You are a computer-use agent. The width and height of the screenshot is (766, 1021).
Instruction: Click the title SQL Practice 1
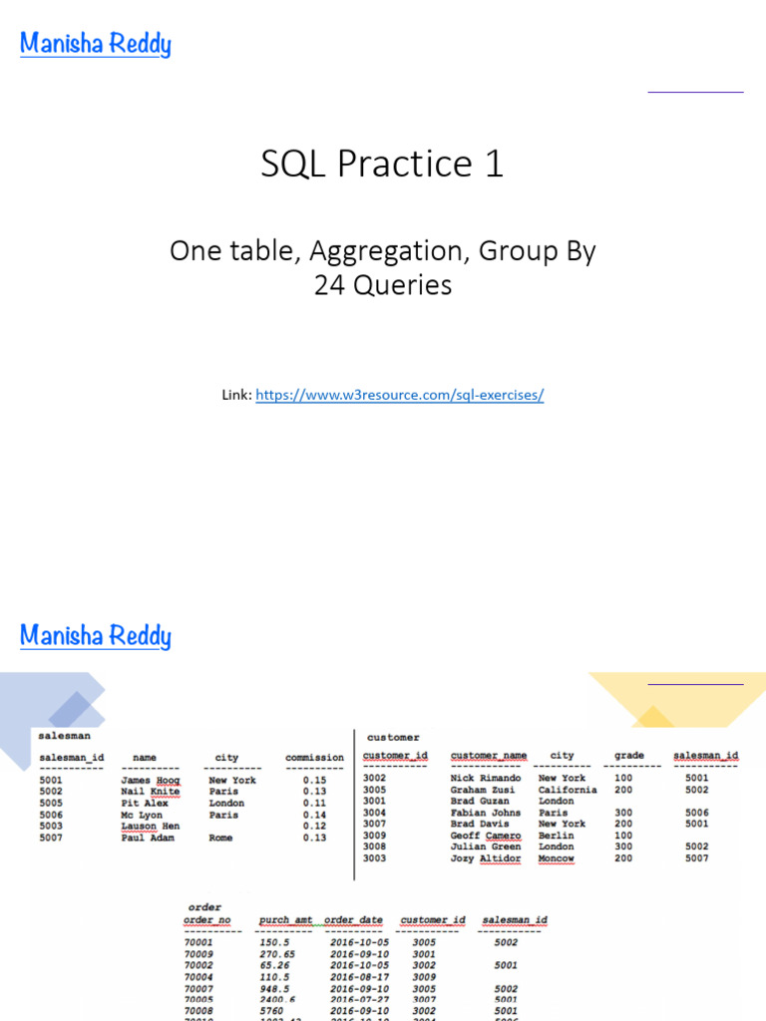pos(382,165)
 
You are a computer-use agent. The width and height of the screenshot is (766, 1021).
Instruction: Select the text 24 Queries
pos(382,286)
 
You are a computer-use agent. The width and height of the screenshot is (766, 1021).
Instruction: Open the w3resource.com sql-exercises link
pos(399,395)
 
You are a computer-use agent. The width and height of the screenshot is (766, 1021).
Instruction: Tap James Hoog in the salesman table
pos(150,781)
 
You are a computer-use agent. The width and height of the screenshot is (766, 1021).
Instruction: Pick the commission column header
pos(314,758)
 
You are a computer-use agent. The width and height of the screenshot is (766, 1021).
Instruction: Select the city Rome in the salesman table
pos(220,839)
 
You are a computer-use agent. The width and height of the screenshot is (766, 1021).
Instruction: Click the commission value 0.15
pos(314,781)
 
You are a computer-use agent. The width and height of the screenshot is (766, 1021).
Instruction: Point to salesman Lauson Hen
pos(150,827)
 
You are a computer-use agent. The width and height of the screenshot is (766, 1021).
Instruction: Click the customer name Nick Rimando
pos(485,778)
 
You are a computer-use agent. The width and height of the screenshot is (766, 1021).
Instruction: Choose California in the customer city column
pos(567,790)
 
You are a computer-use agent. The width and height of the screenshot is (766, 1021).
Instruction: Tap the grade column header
pos(628,756)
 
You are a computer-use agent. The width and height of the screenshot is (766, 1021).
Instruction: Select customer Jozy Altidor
pos(485,858)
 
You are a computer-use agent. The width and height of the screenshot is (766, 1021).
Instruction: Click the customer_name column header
pos(488,756)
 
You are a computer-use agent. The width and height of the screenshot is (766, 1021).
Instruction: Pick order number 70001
pos(197,941)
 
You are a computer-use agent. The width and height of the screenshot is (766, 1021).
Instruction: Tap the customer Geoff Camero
pos(485,836)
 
